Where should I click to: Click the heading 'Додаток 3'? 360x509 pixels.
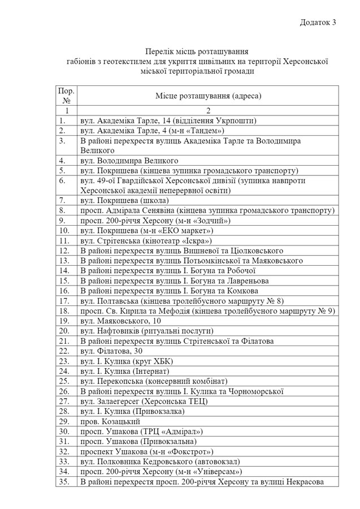click(318, 22)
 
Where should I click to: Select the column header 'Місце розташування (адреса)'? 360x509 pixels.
click(208, 96)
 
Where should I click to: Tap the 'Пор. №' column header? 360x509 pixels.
click(66, 95)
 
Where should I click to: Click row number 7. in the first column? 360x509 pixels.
click(63, 200)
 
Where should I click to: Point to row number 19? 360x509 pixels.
click(64, 321)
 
